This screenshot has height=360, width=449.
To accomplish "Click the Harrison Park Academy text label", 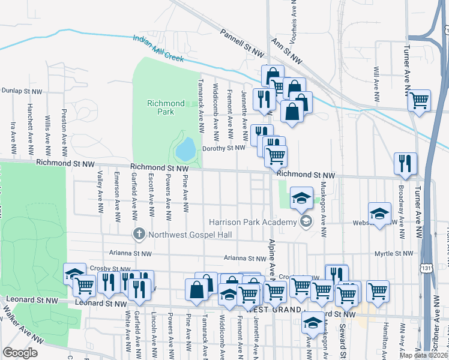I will coord(253,223).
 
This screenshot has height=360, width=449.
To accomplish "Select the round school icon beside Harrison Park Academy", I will coord(307,222).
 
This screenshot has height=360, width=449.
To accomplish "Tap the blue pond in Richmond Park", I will coord(187,148).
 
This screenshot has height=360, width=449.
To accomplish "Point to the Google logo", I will coord(20,353).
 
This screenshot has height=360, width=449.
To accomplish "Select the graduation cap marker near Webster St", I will coord(379,214).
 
